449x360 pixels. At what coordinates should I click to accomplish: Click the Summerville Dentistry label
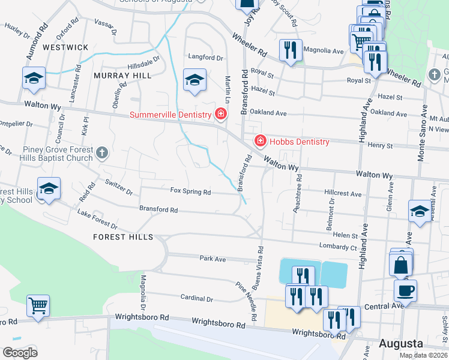[171, 114]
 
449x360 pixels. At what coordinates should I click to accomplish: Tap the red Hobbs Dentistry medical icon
[261, 142]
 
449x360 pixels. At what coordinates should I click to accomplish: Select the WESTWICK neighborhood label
[65, 47]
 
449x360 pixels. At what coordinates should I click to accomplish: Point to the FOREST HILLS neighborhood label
[123, 237]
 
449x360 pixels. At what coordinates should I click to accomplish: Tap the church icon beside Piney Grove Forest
[101, 153]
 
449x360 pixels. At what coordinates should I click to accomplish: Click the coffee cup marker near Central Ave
[405, 290]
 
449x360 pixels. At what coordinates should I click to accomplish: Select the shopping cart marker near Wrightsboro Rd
[38, 305]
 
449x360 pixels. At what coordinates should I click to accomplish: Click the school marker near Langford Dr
[194, 80]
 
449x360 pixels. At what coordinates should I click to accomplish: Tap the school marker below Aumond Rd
[34, 78]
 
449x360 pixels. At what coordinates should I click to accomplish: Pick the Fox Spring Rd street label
[190, 192]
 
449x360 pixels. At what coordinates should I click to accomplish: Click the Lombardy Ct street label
[337, 247]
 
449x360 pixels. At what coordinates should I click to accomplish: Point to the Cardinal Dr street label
[197, 298]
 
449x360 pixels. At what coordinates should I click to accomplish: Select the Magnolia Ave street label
[323, 51]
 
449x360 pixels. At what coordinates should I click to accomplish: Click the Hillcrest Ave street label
[343, 194]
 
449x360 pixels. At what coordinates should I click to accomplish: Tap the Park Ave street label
[212, 259]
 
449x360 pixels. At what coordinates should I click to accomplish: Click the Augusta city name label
[401, 344]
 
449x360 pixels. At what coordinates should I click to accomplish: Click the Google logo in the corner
[20, 353]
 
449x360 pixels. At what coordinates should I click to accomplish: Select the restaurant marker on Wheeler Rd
[291, 50]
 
